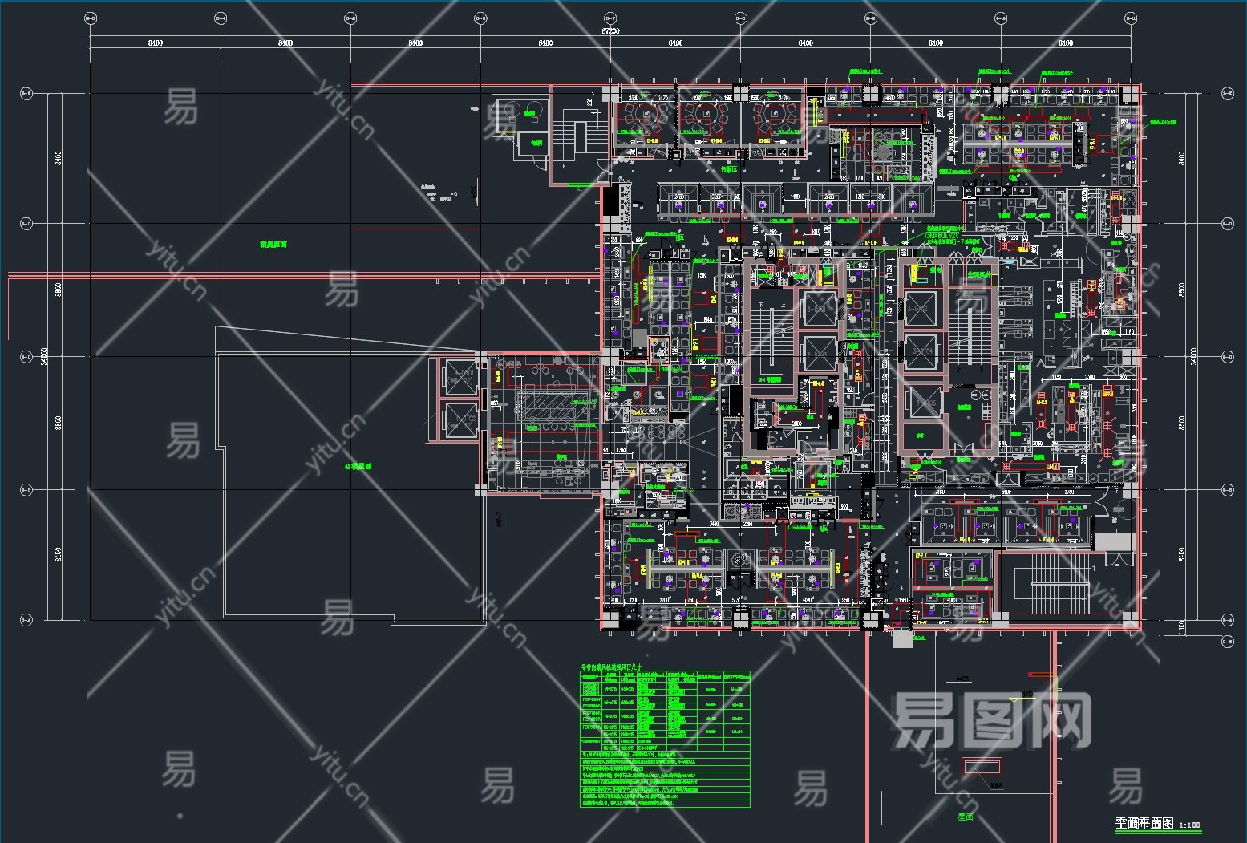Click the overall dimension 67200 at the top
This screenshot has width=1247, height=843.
(609, 31)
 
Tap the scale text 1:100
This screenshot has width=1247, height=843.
(1189, 825)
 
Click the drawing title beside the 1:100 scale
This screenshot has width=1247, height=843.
(1144, 824)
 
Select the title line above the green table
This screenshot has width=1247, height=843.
(615, 667)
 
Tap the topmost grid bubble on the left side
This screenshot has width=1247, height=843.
(26, 94)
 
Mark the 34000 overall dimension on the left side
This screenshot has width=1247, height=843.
(46, 355)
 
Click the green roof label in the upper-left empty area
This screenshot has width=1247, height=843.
(273, 244)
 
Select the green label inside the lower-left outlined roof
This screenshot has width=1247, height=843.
(358, 466)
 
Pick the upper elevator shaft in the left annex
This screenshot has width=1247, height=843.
(461, 377)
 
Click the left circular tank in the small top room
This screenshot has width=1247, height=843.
(511, 111)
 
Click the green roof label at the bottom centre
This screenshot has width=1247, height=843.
(965, 817)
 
